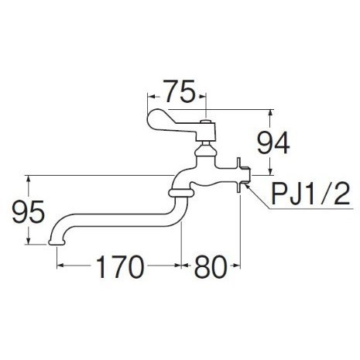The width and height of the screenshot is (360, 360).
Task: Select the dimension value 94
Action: coord(273,142)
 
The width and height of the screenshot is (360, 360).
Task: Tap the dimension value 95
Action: coord(29,212)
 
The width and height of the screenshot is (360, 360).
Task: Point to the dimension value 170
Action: coord(119,266)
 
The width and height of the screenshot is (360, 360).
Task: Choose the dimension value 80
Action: coord(211,266)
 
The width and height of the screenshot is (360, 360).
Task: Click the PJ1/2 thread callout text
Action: coord(310,194)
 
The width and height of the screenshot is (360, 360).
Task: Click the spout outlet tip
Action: coord(57,242)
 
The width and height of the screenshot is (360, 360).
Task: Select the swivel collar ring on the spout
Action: coord(181,193)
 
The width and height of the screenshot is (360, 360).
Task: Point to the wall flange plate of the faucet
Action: coord(238,175)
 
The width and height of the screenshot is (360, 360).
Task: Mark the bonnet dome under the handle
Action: coord(205,150)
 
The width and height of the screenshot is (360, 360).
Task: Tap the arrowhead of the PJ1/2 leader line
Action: coord(246,184)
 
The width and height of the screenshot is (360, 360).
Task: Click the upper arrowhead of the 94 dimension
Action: coord(270,113)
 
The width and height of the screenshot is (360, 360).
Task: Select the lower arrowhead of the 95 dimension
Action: coord(29,241)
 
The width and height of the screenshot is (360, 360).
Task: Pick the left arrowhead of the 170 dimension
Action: coord(60,265)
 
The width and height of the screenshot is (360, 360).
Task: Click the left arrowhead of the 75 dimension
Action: coord(151,97)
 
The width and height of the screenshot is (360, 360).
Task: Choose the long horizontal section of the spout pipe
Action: coord(116,220)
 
